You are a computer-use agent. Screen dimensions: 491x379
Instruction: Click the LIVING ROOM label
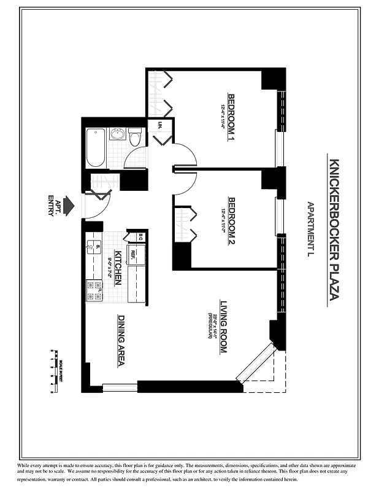click(x=224, y=326)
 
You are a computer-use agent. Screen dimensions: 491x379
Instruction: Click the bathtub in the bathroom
click(x=95, y=147)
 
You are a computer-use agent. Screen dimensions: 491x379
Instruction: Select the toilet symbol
click(x=135, y=137)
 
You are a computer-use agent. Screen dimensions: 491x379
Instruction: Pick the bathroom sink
click(x=117, y=134)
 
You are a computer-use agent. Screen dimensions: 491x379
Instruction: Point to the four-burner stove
click(x=94, y=290)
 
